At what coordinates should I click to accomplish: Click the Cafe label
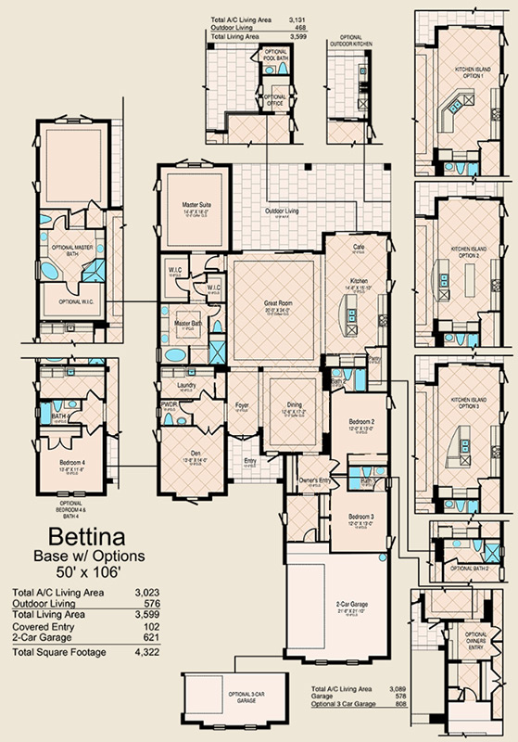[359, 248]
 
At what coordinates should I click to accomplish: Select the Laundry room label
[184, 383]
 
